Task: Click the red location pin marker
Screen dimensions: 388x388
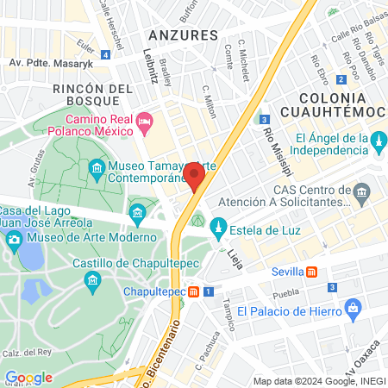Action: click(194, 176)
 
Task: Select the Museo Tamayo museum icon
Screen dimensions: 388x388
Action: click(97, 167)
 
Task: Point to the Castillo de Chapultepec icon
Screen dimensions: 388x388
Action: click(92, 280)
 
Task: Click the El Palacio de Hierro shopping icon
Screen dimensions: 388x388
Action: click(352, 308)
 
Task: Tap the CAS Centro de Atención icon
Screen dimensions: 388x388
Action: click(362, 191)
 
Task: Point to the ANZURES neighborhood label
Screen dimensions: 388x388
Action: click(182, 34)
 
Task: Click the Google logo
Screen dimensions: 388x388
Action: click(28, 378)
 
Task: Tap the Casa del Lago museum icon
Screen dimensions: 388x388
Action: click(136, 212)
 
